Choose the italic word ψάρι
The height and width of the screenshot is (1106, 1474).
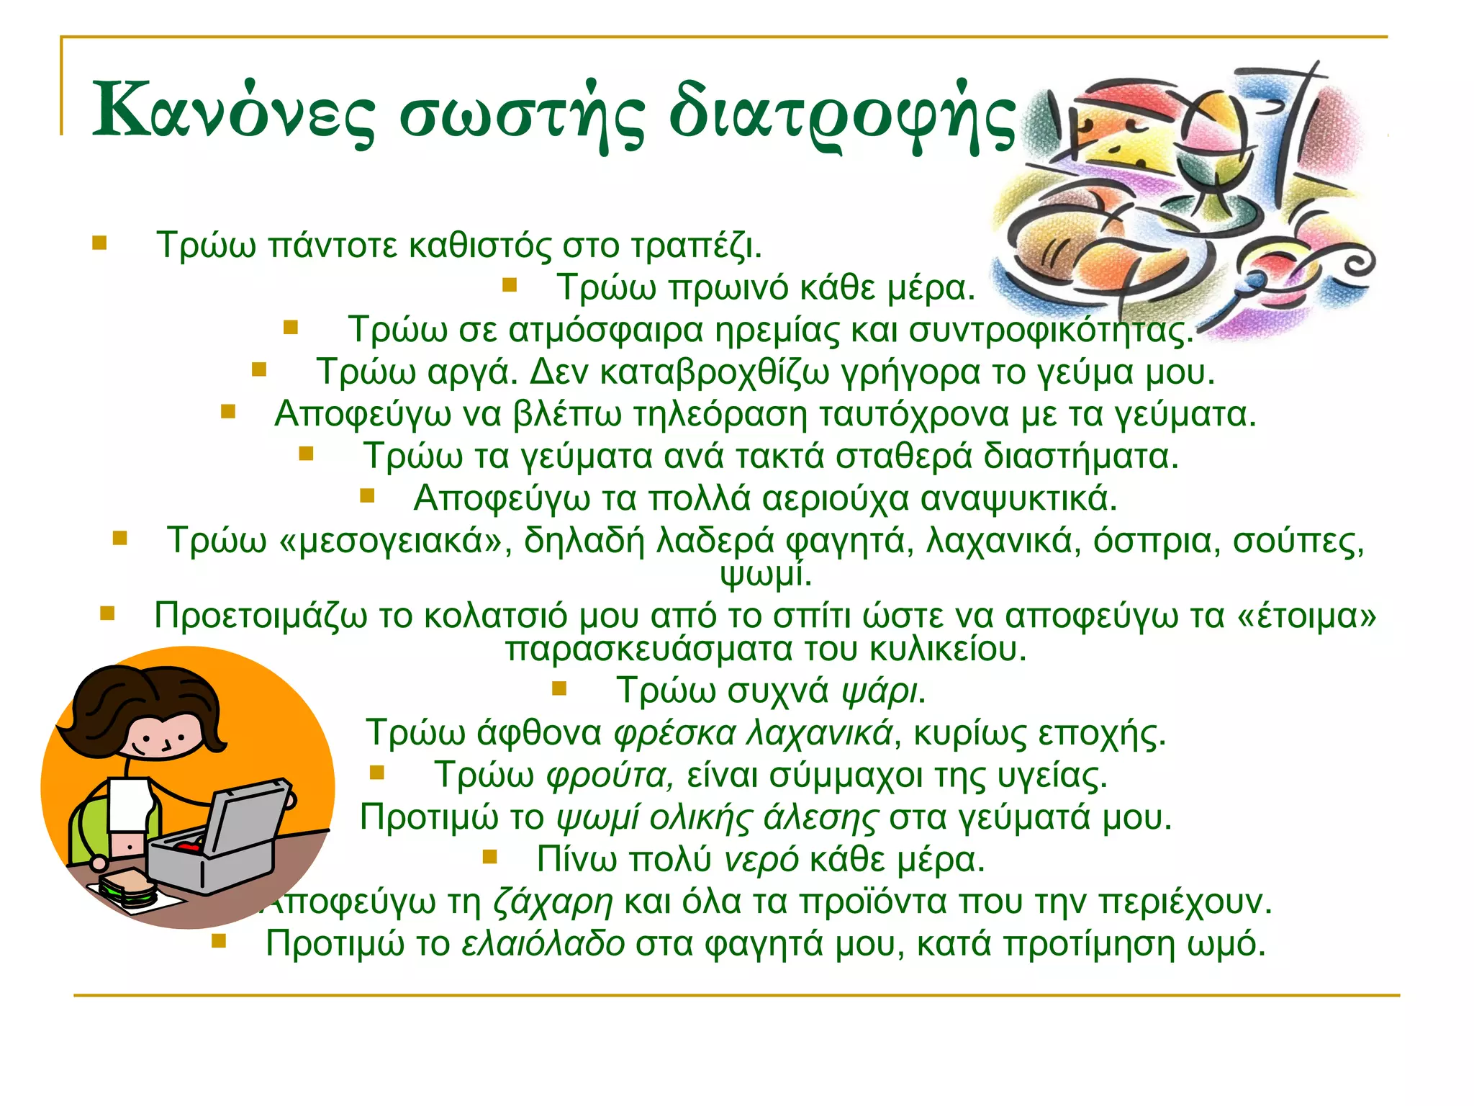click(879, 691)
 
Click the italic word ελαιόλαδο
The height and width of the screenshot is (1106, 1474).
click(543, 943)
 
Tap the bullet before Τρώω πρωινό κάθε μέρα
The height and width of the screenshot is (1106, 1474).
click(510, 285)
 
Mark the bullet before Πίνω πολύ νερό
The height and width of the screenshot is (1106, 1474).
click(490, 856)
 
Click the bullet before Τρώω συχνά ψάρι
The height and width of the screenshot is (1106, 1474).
click(559, 688)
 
